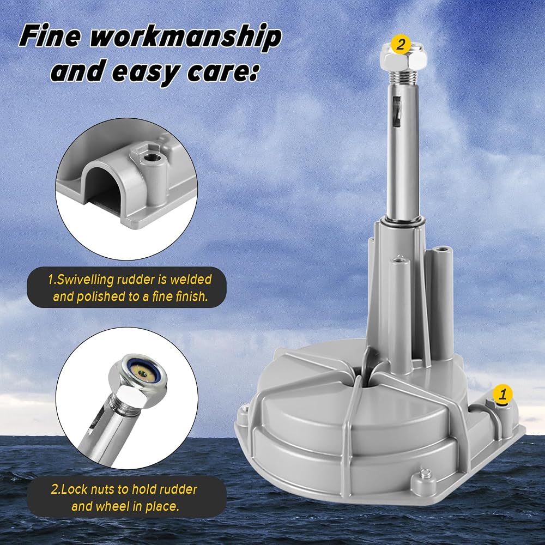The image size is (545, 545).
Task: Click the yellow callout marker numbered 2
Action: [x=401, y=44]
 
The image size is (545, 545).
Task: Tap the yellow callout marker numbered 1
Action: [x=503, y=394]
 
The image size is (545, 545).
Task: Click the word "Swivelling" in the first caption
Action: [x=86, y=280]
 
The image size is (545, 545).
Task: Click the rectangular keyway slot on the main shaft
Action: [x=396, y=112]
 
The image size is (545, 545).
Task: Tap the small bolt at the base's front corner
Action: [x=425, y=474]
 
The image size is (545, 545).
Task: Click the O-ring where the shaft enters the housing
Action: [x=403, y=221]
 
